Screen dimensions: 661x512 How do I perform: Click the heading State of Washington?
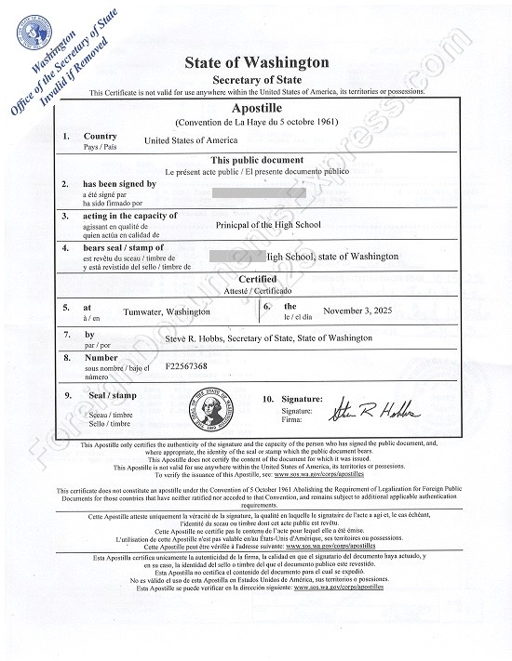coord(257,63)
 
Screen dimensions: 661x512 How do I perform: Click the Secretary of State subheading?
coord(257,81)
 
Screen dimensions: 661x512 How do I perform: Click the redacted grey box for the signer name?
coord(252,192)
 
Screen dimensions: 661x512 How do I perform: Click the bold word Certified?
coord(257,279)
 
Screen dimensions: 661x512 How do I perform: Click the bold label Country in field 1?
coord(100,137)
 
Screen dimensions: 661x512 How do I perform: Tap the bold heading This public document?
coord(257,160)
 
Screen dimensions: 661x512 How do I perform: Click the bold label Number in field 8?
coord(101,357)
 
